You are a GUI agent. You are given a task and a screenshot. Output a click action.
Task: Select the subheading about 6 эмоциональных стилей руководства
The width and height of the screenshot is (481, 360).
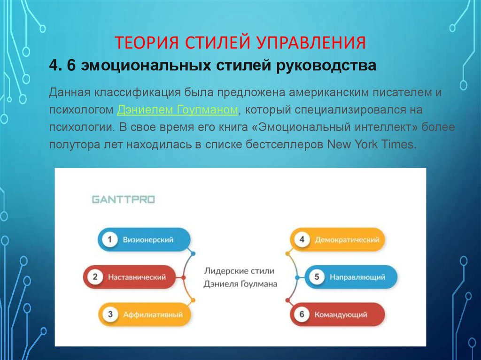(213, 66)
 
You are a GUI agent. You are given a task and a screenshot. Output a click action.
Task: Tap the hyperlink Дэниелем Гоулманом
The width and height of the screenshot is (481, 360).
(178, 110)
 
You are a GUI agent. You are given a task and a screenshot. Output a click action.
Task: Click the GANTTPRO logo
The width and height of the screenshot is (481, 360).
(123, 199)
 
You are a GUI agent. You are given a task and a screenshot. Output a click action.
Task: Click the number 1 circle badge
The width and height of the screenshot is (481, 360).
(110, 240)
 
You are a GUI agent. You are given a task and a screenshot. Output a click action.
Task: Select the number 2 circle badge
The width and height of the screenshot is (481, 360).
(95, 277)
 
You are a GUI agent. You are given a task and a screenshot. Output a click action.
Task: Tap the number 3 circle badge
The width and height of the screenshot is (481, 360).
(110, 314)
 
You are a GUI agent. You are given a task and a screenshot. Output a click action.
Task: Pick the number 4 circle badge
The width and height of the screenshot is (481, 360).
(302, 240)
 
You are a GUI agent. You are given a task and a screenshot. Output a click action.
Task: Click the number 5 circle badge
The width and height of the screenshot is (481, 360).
(317, 277)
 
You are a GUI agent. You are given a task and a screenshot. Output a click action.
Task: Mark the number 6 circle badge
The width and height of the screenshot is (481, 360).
(302, 314)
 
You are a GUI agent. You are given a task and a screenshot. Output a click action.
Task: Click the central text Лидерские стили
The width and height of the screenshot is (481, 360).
(239, 271)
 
